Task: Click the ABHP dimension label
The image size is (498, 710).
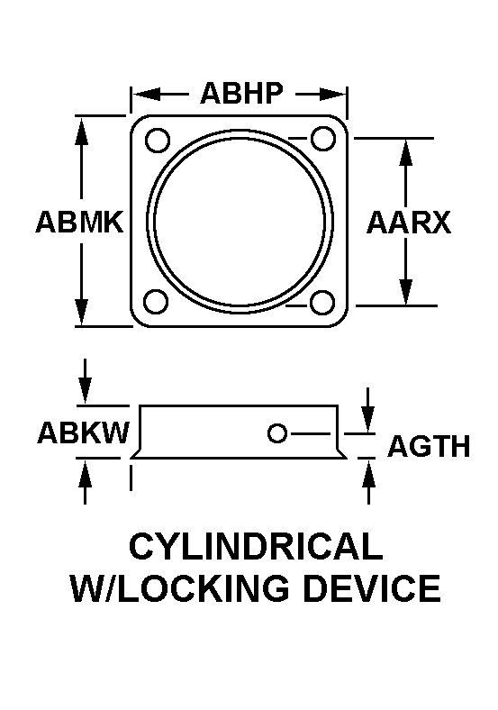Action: (241, 94)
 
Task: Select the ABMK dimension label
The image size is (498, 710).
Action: (79, 223)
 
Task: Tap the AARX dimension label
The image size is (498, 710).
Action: (409, 223)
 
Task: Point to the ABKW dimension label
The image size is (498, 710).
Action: (84, 432)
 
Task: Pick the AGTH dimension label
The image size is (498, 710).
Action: (430, 446)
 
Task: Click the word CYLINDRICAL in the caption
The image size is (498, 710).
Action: (257, 546)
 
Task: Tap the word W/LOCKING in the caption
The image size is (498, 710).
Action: (180, 587)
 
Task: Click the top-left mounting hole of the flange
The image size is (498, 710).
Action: (157, 140)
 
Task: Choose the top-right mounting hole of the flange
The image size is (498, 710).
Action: (322, 138)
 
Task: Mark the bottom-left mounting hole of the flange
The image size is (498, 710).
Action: (156, 301)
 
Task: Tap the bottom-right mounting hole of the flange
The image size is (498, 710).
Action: (322, 302)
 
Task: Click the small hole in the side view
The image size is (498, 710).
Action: (277, 433)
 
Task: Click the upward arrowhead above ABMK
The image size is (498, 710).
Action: (81, 132)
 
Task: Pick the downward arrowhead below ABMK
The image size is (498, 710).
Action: (81, 312)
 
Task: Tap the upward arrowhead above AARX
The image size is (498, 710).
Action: (406, 154)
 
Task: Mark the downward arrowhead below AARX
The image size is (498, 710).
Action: (406, 291)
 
